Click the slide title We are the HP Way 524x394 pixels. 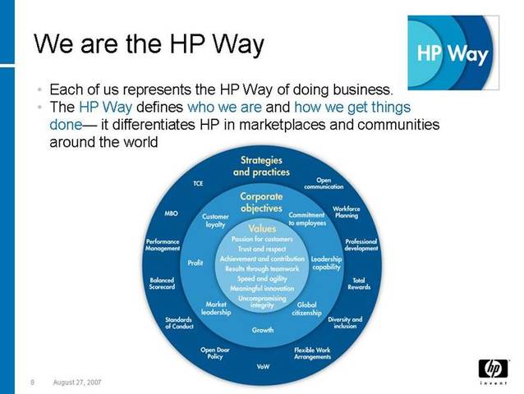click(147, 44)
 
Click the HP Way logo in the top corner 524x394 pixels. click(453, 53)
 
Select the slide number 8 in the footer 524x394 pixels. click(31, 382)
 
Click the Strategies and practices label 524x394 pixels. click(261, 166)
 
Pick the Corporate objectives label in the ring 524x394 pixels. click(261, 203)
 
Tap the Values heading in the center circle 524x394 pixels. click(262, 228)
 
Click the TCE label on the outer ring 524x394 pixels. click(198, 184)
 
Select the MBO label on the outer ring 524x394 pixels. click(172, 213)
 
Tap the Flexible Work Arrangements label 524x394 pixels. click(313, 354)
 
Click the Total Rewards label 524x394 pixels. click(359, 284)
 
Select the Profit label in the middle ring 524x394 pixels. click(195, 263)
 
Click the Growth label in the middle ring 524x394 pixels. click(263, 330)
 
